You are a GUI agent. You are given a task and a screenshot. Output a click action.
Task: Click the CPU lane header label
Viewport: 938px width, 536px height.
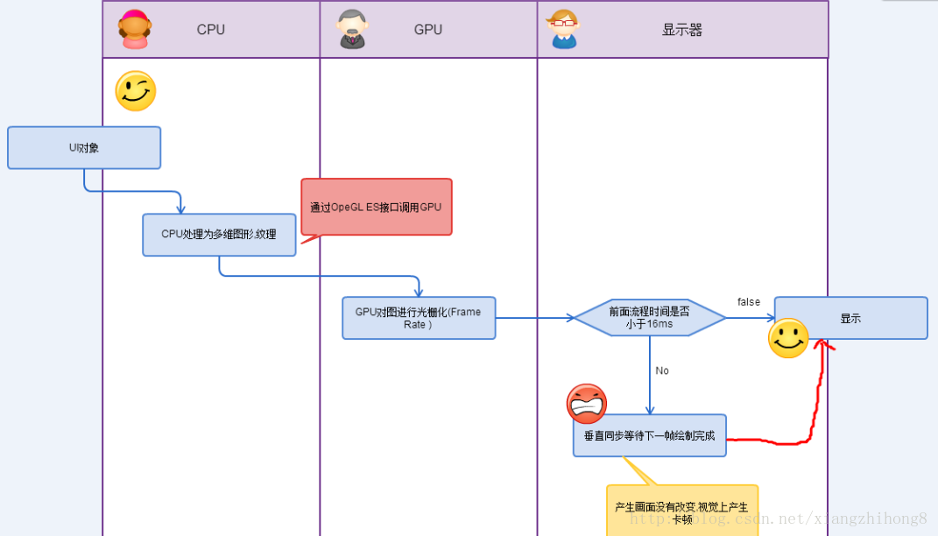point(210,30)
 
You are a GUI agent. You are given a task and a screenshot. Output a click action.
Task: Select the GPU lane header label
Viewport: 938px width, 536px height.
point(427,30)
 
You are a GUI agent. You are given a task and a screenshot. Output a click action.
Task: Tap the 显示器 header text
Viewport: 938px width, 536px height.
point(681,30)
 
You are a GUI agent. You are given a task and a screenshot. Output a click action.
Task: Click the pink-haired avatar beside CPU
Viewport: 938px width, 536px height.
point(134,29)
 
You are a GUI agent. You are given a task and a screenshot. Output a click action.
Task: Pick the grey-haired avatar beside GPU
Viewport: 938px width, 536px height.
point(352,29)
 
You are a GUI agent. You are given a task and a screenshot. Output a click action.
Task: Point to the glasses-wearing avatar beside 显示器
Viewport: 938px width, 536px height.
point(563,29)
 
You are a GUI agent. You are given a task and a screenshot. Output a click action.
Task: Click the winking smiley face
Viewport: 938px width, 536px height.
point(136,91)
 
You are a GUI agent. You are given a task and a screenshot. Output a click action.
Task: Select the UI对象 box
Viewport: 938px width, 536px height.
point(84,147)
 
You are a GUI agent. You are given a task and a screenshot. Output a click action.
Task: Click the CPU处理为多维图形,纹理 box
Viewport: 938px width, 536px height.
point(219,235)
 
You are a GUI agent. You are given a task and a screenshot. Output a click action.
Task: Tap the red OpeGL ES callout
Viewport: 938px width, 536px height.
point(377,208)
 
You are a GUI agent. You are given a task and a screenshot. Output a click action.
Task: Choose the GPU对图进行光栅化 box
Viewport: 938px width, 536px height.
point(418,318)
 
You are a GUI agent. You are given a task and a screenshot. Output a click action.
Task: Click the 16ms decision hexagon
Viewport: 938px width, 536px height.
point(649,318)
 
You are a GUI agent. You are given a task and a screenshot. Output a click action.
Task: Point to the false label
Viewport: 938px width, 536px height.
point(749,302)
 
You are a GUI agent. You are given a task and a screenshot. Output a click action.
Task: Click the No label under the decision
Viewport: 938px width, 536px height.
point(662,370)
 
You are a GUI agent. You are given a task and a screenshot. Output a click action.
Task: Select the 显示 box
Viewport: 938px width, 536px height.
point(850,318)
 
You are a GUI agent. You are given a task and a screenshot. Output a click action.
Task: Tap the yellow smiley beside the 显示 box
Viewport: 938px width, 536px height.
point(788,338)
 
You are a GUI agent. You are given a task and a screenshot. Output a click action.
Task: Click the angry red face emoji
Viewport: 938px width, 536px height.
point(587,404)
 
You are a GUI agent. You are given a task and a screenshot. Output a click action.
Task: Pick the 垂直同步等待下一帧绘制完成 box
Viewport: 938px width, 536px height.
point(649,435)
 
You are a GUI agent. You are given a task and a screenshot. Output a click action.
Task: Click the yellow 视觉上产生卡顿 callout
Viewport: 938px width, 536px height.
point(681,511)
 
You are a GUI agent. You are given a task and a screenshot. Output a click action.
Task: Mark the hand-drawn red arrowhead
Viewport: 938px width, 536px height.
point(822,344)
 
